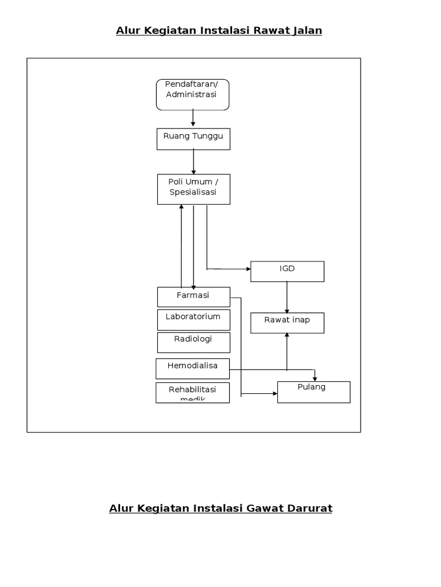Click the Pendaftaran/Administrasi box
192,95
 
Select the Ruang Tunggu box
194,139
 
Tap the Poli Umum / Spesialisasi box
194,189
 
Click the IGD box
287,272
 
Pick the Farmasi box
194,297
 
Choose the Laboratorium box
194,320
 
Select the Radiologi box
194,342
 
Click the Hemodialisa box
193,369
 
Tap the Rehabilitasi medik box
193,393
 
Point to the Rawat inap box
287,323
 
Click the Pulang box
314,392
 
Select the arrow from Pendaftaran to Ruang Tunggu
193,119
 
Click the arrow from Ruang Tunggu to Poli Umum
194,162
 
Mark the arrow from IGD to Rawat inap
287,297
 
